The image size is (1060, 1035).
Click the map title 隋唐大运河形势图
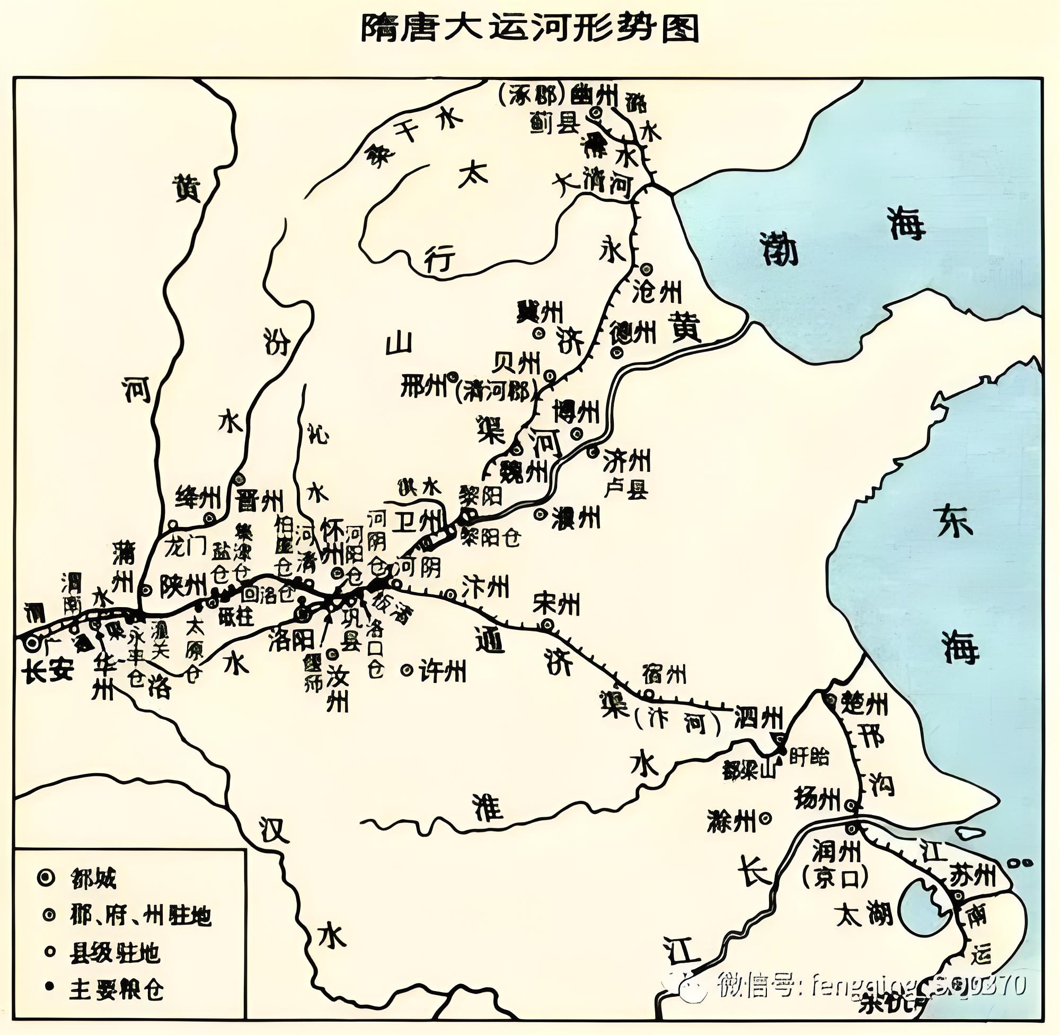(529, 28)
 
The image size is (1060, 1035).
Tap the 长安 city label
(48, 672)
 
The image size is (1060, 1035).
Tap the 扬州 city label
(817, 799)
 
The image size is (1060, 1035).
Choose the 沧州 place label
(657, 293)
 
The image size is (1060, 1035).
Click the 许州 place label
(442, 672)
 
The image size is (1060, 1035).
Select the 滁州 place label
(731, 821)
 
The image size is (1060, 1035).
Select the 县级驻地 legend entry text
(114, 953)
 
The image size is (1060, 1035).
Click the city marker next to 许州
(407, 670)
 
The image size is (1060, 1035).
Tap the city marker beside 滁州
(766, 817)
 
